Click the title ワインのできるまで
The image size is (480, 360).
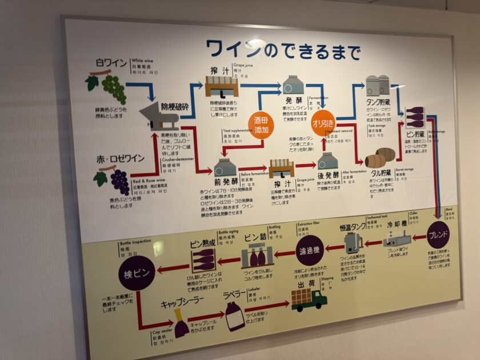283,50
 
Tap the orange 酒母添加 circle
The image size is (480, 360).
261,125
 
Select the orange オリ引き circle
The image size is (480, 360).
323,123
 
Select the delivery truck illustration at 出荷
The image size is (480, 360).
309,298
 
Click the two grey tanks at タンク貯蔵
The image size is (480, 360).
377,86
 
